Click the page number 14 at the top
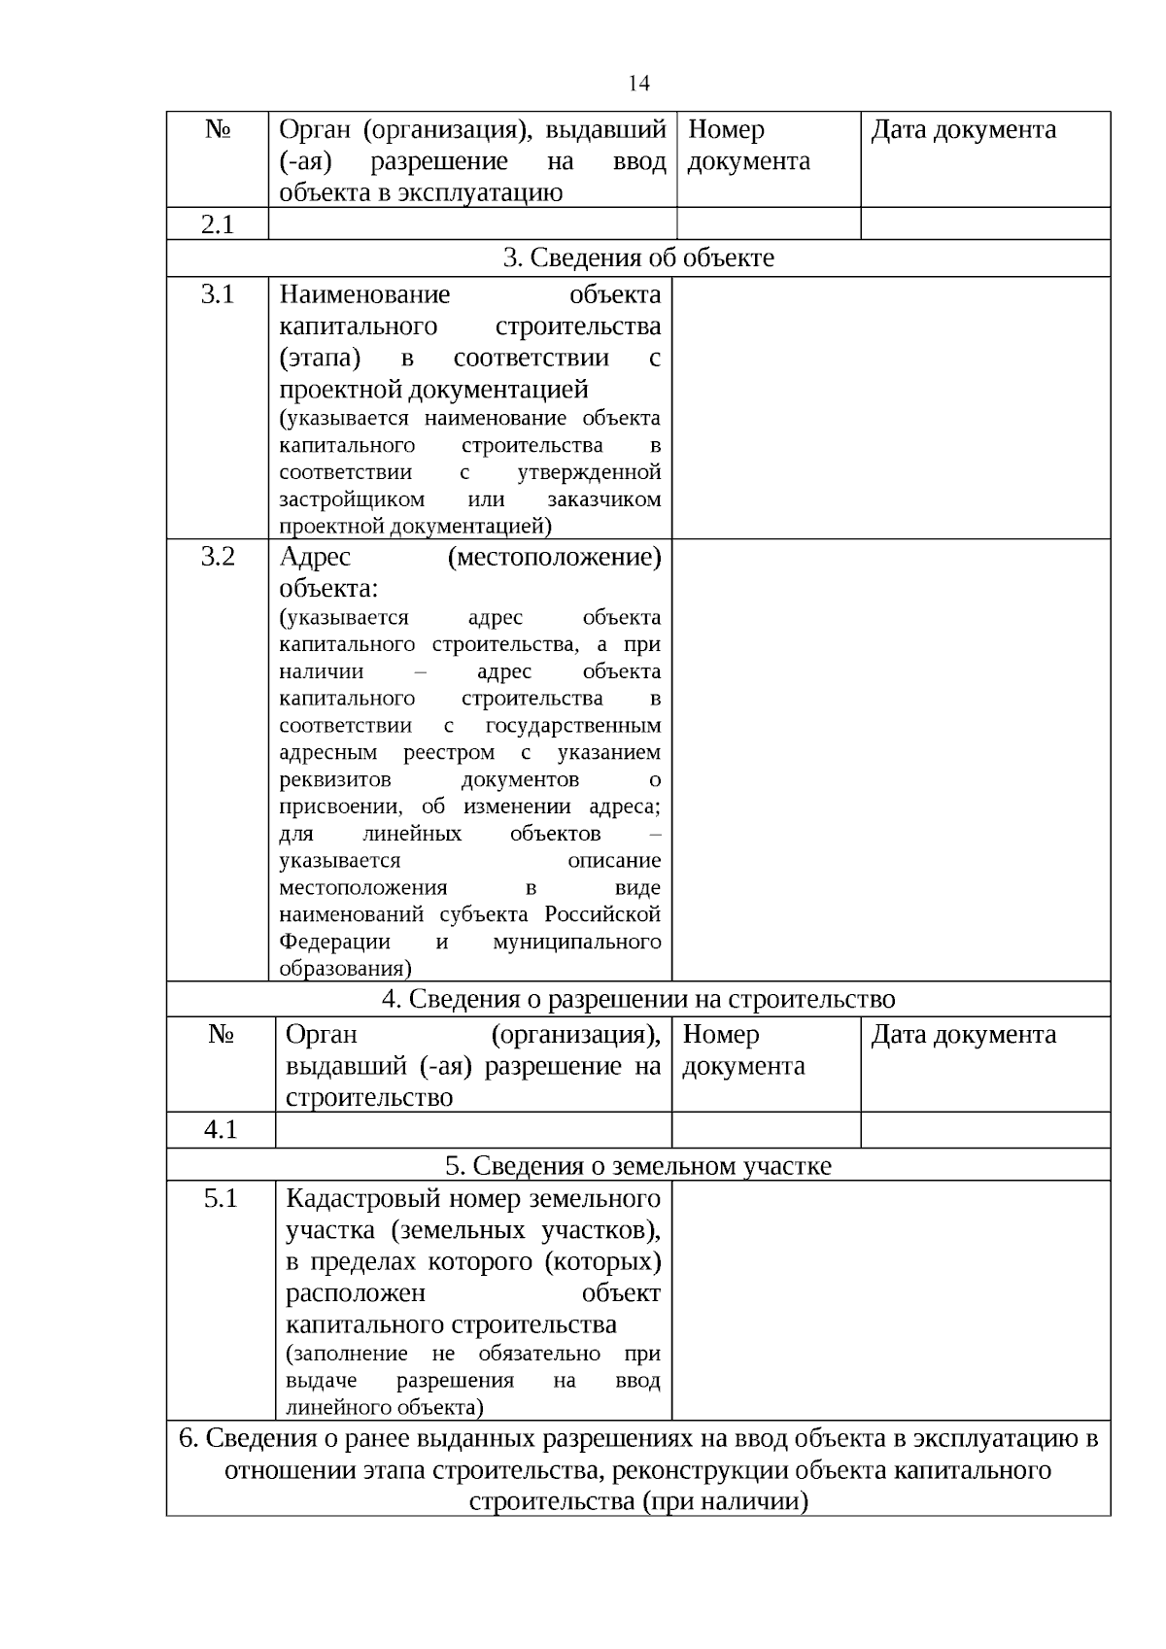click(638, 84)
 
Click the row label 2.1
click(218, 224)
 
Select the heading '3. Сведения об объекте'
click(638, 258)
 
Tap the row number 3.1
click(218, 294)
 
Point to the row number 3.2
click(218, 557)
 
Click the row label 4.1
click(221, 1129)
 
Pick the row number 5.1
click(221, 1198)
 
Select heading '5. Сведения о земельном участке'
click(638, 1165)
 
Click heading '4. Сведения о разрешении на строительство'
click(638, 999)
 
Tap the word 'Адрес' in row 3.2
click(315, 557)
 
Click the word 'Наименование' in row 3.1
click(364, 294)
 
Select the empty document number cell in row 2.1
click(768, 224)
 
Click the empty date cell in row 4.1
click(984, 1129)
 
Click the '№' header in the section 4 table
click(221, 1035)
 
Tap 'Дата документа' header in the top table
click(963, 130)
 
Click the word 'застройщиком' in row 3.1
click(352, 499)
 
